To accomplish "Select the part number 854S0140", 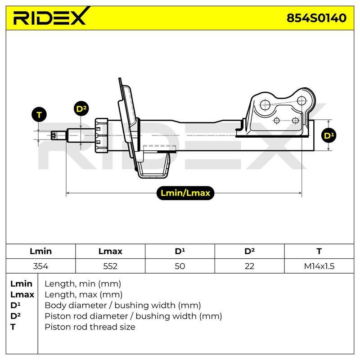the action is (x=316, y=18).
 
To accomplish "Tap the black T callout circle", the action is (x=39, y=115).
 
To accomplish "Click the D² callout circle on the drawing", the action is (x=81, y=108).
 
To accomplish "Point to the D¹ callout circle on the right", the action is (x=329, y=135).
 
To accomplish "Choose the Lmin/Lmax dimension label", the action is (x=185, y=193).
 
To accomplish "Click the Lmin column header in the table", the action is (x=40, y=251).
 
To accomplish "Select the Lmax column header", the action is (x=110, y=251).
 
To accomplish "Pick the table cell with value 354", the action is (x=40, y=266).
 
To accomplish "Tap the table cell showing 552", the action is (x=110, y=266).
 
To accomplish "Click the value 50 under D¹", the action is (x=180, y=266).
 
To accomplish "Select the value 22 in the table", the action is (x=250, y=266).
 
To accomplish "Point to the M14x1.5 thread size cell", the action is (x=319, y=266).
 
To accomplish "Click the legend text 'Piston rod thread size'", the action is (x=90, y=327).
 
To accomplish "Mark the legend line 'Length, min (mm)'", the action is (x=83, y=284).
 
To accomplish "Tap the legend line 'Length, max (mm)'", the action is (x=84, y=295).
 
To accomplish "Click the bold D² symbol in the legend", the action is (x=15, y=316).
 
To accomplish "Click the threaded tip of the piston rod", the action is (x=54, y=135).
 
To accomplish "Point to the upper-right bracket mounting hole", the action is (x=301, y=100).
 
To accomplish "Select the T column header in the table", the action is (x=319, y=251).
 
